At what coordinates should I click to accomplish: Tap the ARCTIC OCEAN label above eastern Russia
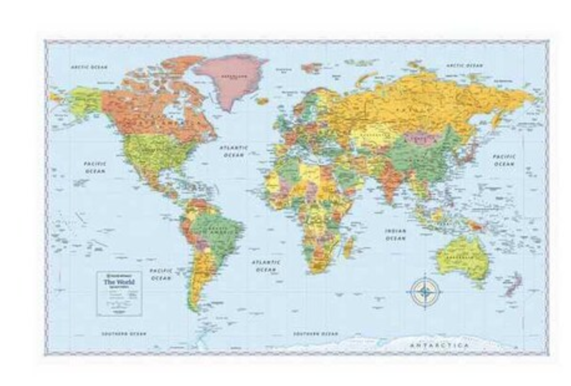(x=464, y=65)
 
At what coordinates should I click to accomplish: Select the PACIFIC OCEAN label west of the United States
(x=95, y=166)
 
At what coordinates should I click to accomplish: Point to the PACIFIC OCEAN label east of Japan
(x=504, y=160)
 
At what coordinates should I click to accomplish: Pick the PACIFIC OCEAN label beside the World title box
(x=160, y=275)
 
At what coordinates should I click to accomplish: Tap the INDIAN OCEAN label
(x=395, y=234)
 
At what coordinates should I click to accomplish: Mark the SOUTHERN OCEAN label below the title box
(x=124, y=334)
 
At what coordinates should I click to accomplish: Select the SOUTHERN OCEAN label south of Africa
(x=315, y=334)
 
